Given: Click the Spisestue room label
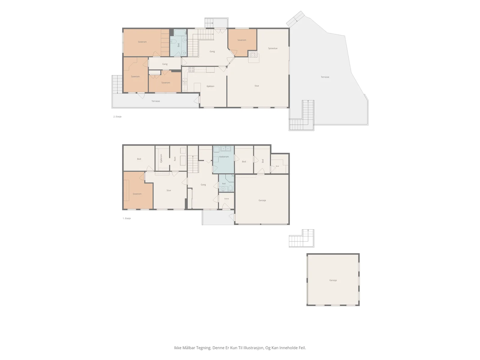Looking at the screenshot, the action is pyautogui.click(x=272, y=48).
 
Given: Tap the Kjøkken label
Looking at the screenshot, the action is pyautogui.click(x=210, y=86).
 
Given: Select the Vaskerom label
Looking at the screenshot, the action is pyautogui.click(x=224, y=157).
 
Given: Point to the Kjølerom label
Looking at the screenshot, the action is pyautogui.click(x=161, y=158).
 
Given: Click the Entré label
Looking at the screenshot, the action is pyautogui.click(x=226, y=199).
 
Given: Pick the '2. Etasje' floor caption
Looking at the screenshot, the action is pyautogui.click(x=117, y=116).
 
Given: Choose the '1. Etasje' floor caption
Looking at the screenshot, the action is pyautogui.click(x=127, y=218).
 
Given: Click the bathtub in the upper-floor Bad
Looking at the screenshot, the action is pyautogui.click(x=180, y=33).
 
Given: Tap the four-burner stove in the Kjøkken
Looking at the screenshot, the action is pyautogui.click(x=192, y=70).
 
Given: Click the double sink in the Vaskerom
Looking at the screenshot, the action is pyautogui.click(x=226, y=149).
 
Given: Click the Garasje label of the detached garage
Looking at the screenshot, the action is pyautogui.click(x=333, y=280).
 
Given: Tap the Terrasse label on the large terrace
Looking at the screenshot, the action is pyautogui.click(x=325, y=77).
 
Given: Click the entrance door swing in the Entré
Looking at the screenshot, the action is pyautogui.click(x=226, y=206).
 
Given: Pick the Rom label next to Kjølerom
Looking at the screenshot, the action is pyautogui.click(x=175, y=159).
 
